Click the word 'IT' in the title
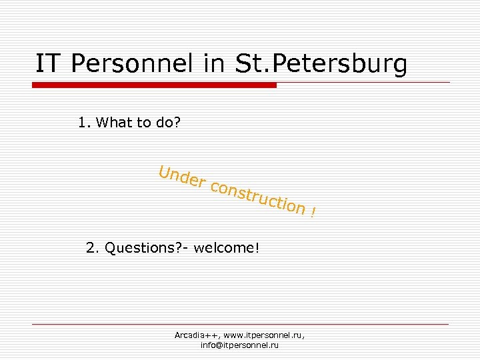[49, 64]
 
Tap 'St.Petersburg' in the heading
[321, 64]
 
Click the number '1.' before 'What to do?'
[84, 123]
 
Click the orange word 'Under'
[181, 177]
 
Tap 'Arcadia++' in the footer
[197, 335]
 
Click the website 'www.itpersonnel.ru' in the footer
[264, 335]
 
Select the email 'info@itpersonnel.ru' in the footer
[239, 345]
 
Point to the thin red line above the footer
[240, 325]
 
